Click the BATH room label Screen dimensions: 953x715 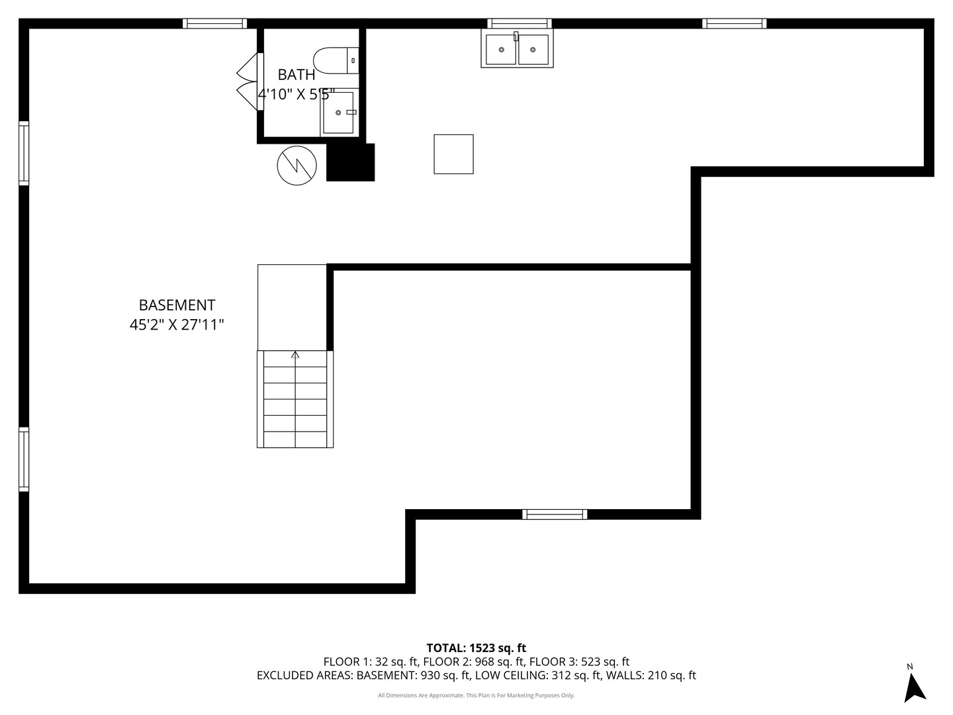(296, 75)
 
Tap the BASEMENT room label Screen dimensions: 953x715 (177, 305)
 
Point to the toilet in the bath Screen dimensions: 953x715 (336, 61)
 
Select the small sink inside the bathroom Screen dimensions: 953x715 (339, 113)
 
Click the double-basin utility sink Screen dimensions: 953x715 (517, 49)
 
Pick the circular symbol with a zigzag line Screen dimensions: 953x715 (297, 166)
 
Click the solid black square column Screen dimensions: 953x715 (350, 162)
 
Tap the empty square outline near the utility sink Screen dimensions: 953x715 (453, 154)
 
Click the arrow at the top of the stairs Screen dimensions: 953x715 (295, 354)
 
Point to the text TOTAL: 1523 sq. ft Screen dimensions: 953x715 (476, 648)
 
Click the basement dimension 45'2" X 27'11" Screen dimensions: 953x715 (177, 324)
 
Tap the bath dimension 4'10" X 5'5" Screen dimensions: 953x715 (296, 94)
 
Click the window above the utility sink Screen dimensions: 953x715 (520, 23)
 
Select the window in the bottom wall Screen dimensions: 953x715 (555, 514)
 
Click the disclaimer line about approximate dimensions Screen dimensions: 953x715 (476, 695)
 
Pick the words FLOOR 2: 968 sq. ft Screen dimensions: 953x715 (475, 662)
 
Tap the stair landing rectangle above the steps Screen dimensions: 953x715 (293, 307)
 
